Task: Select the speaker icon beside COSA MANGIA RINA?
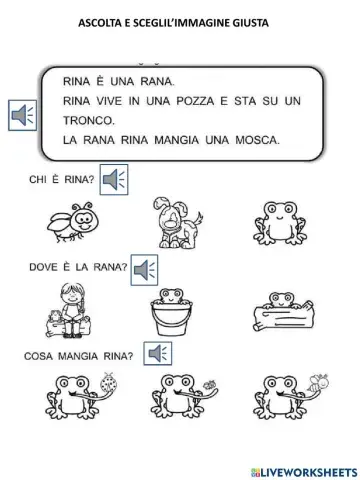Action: (x=155, y=351)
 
